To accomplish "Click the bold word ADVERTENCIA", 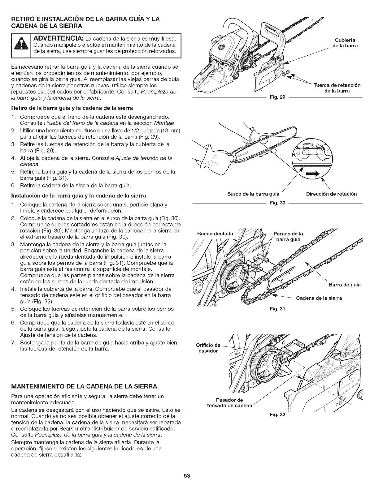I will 62,38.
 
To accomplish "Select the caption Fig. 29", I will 277,98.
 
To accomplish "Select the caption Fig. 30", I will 277,203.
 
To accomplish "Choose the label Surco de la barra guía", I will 253,194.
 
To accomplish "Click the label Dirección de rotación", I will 331,194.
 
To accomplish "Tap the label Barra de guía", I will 344,285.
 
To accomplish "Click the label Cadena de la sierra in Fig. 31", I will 319,298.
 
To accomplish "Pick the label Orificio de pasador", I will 208,348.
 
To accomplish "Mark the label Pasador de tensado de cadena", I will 229,403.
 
